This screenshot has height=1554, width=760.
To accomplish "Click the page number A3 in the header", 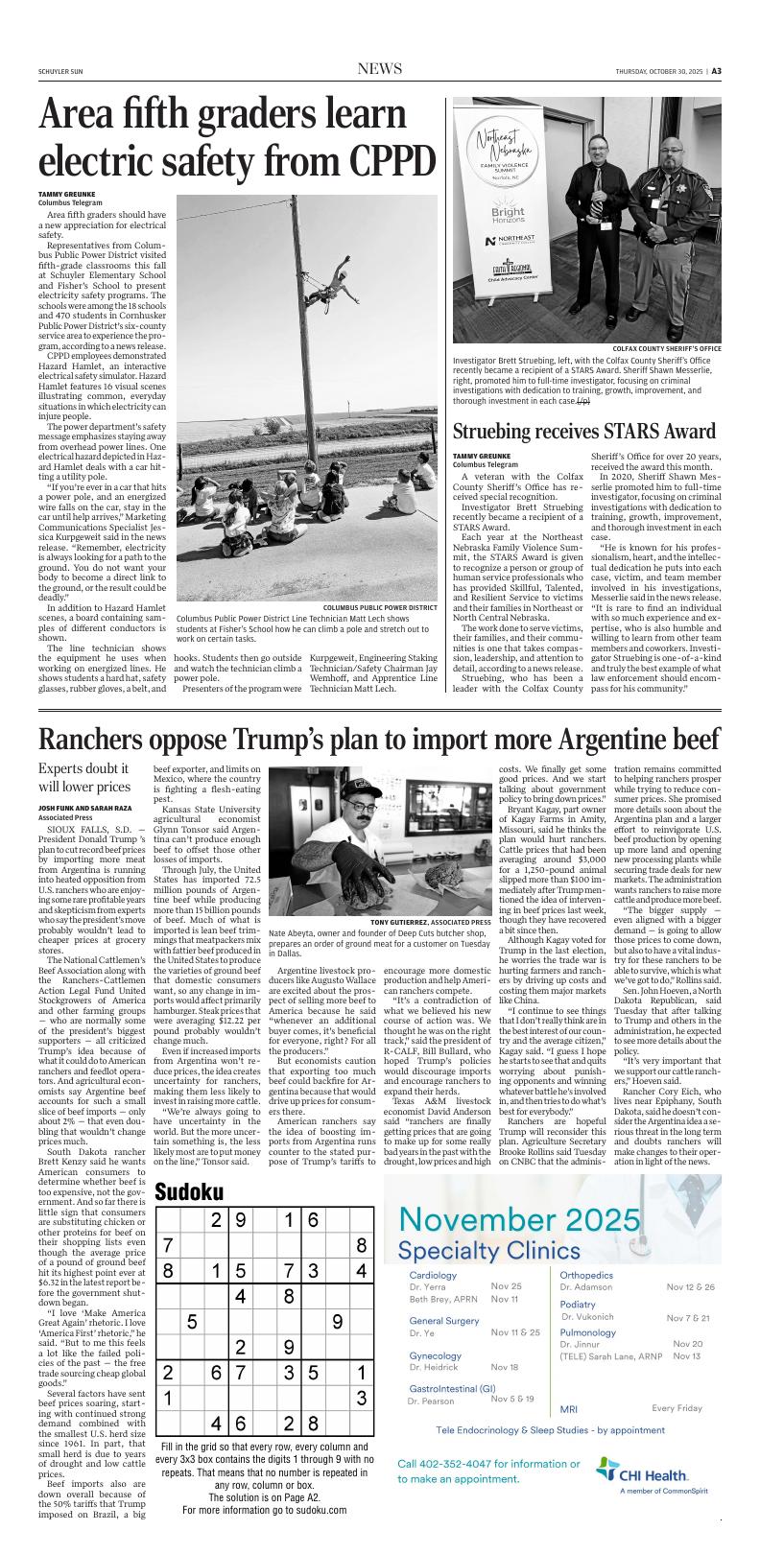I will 716,70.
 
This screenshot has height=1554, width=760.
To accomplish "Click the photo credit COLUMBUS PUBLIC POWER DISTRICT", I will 380,607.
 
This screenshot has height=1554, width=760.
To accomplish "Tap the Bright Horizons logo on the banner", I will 508,215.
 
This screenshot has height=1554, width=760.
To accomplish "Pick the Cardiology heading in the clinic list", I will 433,1275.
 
